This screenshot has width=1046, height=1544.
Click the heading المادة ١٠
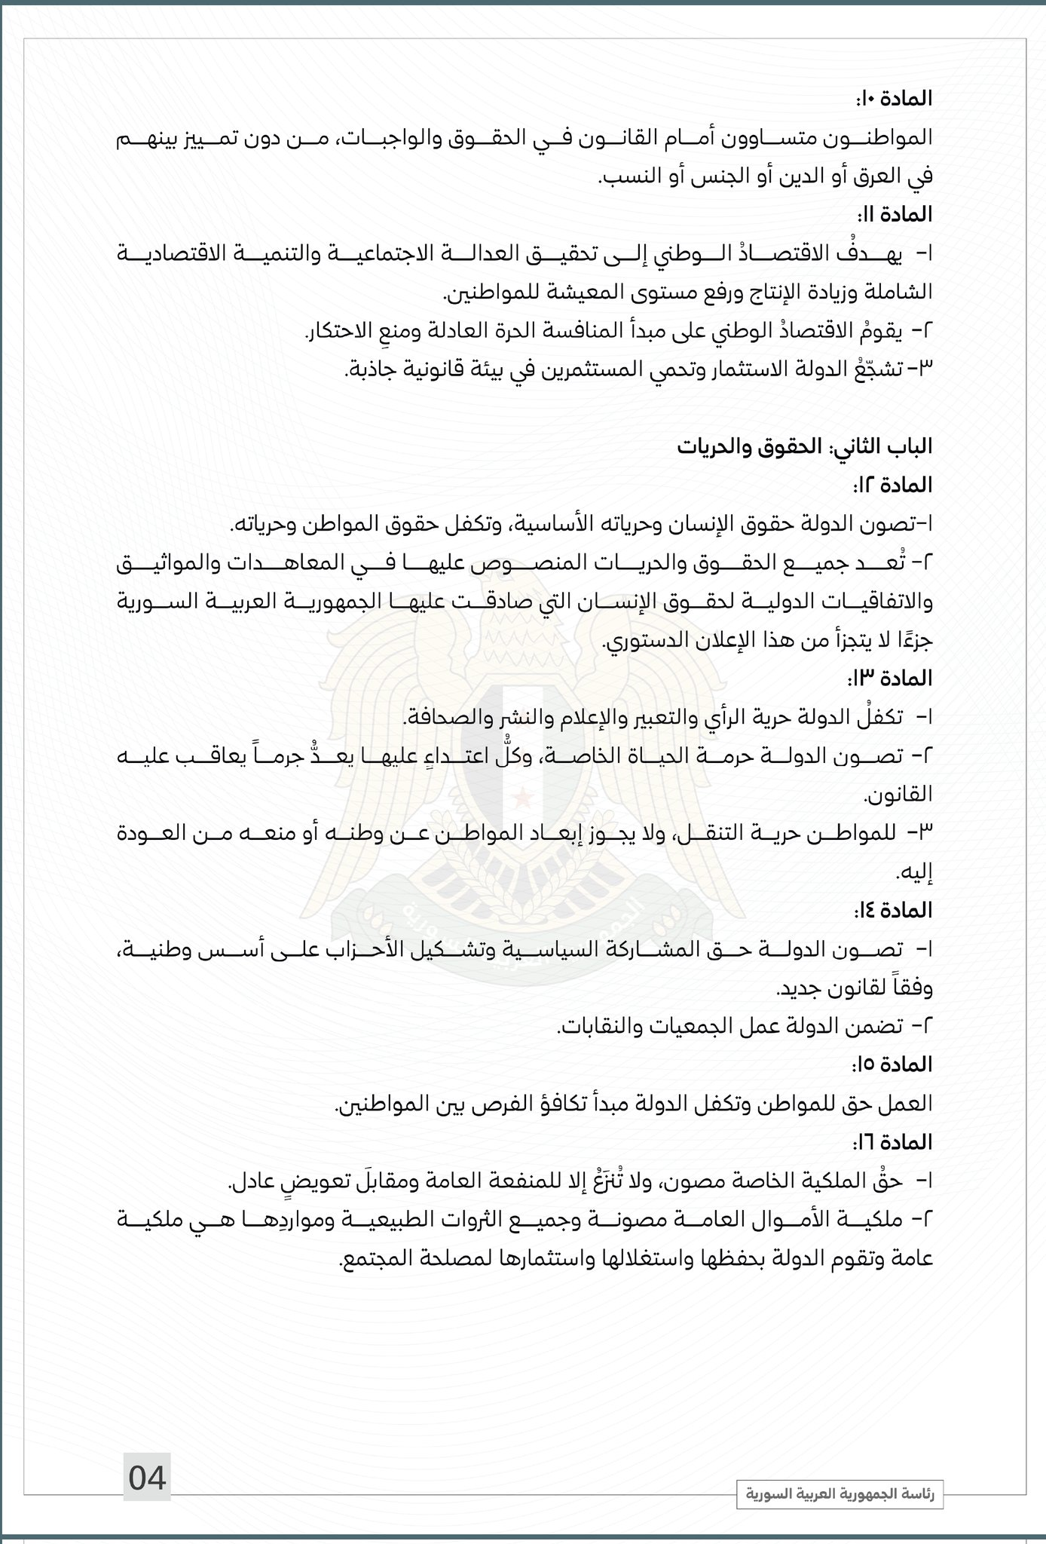point(894,99)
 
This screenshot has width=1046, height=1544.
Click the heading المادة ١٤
point(893,910)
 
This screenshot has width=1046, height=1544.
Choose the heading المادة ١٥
point(894,1065)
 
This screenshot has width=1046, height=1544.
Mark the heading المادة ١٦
point(894,1142)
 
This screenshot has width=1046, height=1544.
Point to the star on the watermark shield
point(521,795)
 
